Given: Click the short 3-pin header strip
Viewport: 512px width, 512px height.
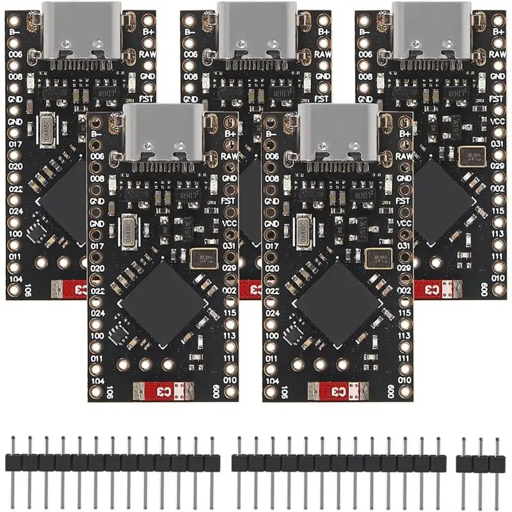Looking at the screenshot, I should (478, 461).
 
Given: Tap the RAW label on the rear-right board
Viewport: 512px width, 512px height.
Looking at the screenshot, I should (497, 55).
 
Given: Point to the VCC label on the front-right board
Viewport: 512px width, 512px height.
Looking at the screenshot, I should (403, 223).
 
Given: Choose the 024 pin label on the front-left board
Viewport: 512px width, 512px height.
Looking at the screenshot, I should (97, 313).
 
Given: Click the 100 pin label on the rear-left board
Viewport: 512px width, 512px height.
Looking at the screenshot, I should (14, 234).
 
